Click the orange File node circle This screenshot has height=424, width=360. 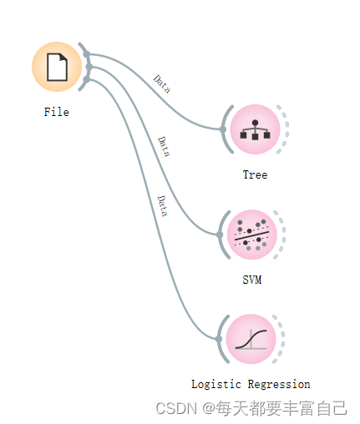57,67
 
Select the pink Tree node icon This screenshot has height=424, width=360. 255,129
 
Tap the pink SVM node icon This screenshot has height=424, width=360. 252,235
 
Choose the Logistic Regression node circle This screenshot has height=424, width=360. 251,339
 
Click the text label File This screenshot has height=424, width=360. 57,112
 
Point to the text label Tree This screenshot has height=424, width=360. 255,174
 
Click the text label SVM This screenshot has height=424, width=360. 252,280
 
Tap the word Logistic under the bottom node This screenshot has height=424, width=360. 216,384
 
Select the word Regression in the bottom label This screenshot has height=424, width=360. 279,384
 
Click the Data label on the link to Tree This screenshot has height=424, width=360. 162,83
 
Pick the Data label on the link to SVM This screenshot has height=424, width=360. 164,147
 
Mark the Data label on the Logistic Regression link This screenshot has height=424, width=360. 162,206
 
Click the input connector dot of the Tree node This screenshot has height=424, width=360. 222,129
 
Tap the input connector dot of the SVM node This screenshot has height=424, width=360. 220,235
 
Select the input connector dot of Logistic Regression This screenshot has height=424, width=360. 219,339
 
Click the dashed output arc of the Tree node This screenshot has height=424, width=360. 287,129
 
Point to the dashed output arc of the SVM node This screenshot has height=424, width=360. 284,235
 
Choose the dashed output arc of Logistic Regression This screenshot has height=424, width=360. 283,339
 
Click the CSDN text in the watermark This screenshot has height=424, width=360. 176,408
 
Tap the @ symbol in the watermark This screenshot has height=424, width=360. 209,409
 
